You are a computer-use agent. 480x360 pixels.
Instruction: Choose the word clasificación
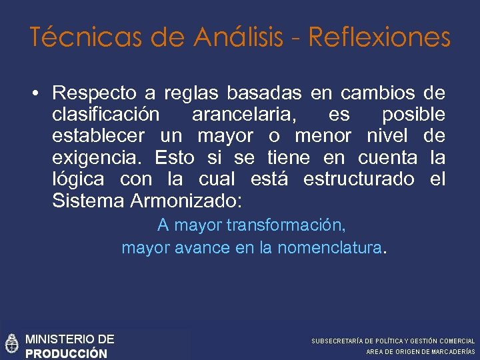[x=105, y=114]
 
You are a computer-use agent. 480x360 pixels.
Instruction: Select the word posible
[x=413, y=114]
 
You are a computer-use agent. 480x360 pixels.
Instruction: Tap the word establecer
[x=98, y=136]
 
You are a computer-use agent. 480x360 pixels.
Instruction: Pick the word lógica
[x=77, y=179]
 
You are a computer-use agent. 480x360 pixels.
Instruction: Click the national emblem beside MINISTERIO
[x=11, y=344]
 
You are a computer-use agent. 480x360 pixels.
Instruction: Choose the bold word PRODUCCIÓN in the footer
[x=66, y=353]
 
